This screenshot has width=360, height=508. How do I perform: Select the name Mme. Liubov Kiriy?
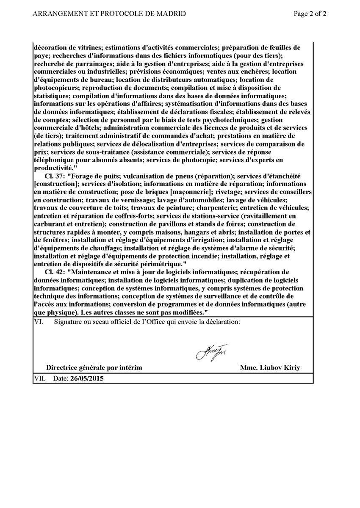pyautogui.click(x=270, y=367)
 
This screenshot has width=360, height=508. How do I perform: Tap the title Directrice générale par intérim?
pyautogui.click(x=94, y=367)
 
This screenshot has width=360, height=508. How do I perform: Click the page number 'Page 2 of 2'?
pyautogui.click(x=310, y=14)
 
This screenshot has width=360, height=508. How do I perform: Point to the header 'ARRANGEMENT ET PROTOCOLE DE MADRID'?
pyautogui.click(x=109, y=14)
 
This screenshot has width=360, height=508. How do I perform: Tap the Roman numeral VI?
pyautogui.click(x=38, y=322)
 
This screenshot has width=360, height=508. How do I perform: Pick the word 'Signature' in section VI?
pyautogui.click(x=68, y=322)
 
